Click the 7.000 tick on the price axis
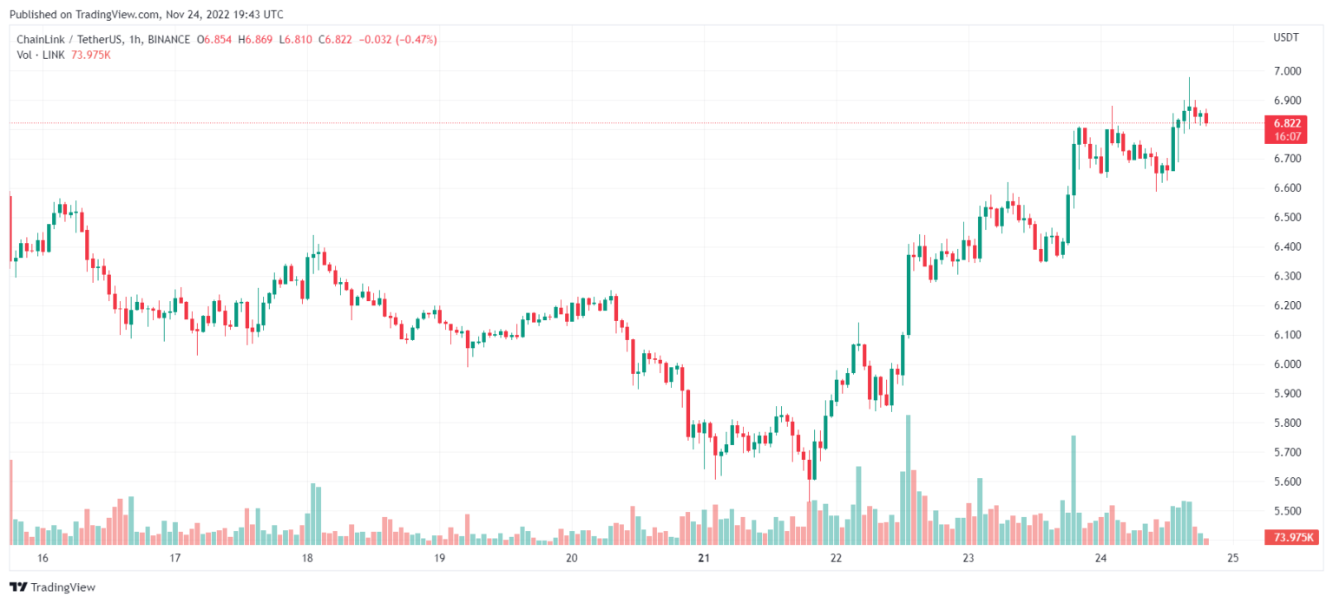click(1286, 71)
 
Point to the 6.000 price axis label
click(1286, 364)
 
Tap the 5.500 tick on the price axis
click(1286, 511)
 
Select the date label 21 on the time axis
click(704, 558)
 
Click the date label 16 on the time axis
click(43, 558)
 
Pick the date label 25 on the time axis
click(1233, 558)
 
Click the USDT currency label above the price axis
click(1284, 38)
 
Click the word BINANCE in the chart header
click(169, 40)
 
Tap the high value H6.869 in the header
click(259, 40)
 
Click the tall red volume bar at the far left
click(10, 501)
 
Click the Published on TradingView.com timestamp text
click(145, 15)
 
